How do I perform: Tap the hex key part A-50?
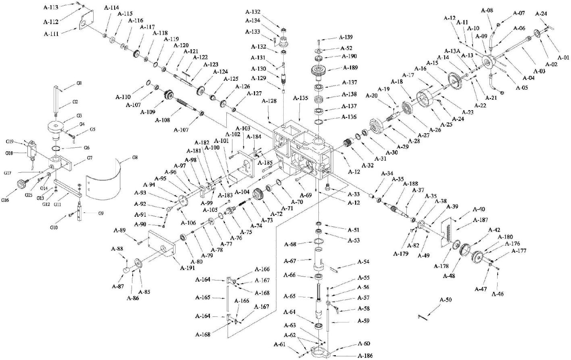click(422, 317)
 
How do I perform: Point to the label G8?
click(134, 157)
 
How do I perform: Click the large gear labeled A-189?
click(320, 72)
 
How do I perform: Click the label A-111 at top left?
click(51, 34)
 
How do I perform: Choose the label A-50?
click(446, 300)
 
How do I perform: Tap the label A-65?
click(290, 296)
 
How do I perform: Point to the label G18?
click(10, 153)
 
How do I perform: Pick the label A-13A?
click(452, 51)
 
